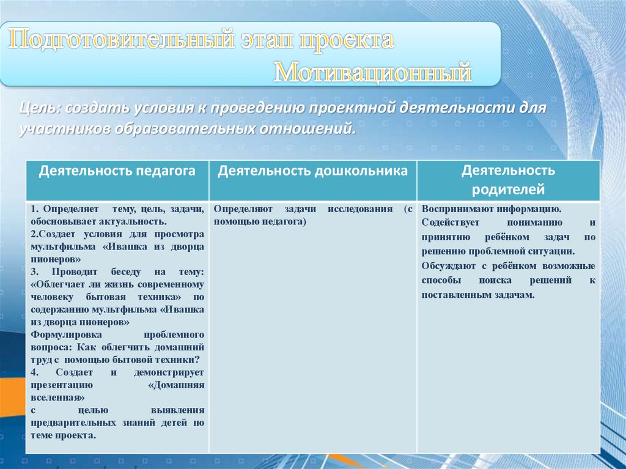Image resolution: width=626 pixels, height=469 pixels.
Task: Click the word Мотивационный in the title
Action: click(x=373, y=72)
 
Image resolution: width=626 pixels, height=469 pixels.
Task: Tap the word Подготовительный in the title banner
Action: click(x=122, y=40)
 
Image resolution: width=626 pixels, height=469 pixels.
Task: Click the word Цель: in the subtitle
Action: click(x=40, y=108)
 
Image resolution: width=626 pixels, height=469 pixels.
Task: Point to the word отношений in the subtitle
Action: click(x=307, y=129)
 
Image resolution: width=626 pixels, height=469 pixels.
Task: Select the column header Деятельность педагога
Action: click(x=117, y=171)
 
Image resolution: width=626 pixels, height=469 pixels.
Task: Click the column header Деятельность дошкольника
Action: click(x=312, y=171)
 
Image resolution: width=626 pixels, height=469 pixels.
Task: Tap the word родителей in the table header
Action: click(x=508, y=189)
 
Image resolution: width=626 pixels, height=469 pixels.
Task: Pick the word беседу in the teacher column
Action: click(x=126, y=272)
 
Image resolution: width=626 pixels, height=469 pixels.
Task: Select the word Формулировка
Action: click(x=66, y=334)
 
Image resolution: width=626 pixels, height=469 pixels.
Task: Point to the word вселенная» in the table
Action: click(x=57, y=398)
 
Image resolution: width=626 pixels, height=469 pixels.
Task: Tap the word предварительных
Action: click(x=73, y=423)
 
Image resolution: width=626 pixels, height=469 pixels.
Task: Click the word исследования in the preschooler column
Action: click(x=360, y=209)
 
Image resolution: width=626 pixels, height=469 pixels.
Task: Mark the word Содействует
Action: click(x=451, y=223)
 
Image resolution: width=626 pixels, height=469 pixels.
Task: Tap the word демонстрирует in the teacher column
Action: click(x=169, y=372)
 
